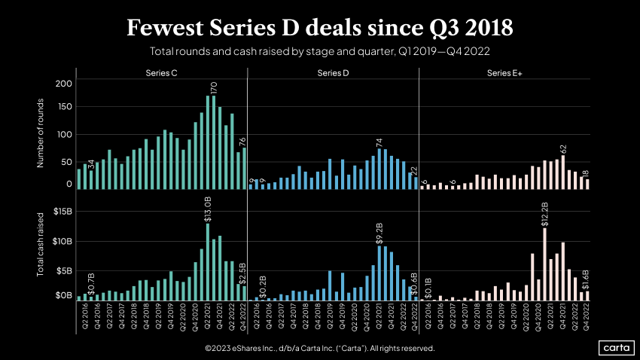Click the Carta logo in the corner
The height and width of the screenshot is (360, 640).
point(615,348)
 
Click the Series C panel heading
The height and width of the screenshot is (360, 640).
point(161,73)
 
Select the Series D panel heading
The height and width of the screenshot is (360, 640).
point(333,73)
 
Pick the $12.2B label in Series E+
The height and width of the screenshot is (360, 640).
point(544,213)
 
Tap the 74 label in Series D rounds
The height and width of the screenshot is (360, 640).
point(380,142)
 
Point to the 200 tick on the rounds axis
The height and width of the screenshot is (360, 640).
point(64,84)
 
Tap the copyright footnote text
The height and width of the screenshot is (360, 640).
point(319,349)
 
